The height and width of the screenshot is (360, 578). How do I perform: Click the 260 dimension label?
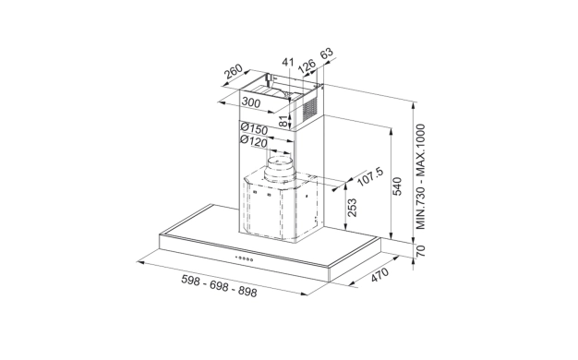(x=234, y=71)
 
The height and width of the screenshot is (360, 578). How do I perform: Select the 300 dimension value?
(x=251, y=102)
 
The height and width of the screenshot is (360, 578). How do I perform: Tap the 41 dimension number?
(x=288, y=62)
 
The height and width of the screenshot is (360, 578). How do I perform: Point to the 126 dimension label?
(x=307, y=66)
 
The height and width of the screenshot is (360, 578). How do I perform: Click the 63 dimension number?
(x=327, y=54)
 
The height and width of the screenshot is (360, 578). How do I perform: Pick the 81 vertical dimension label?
(x=283, y=121)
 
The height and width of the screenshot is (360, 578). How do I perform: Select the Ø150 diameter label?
(x=254, y=129)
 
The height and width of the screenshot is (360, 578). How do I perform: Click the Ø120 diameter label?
(x=254, y=141)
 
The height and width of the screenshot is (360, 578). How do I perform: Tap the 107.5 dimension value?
(x=371, y=176)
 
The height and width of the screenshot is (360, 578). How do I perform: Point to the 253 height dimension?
(x=352, y=208)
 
